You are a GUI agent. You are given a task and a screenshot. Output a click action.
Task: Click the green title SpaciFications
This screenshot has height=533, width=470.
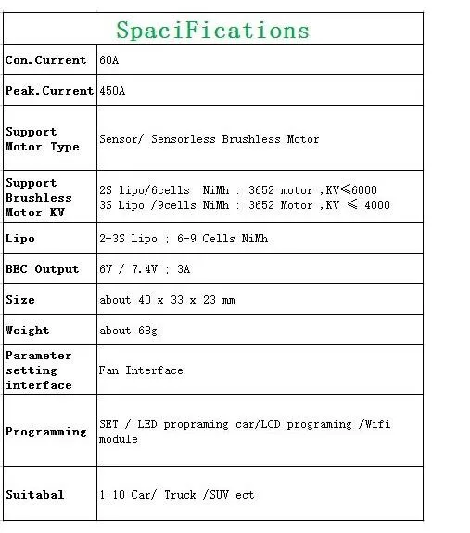pos(212,30)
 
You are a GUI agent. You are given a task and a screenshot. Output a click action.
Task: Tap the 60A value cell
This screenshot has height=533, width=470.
pos(109,60)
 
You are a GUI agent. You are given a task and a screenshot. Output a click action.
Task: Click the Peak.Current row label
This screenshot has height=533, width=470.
pos(49,91)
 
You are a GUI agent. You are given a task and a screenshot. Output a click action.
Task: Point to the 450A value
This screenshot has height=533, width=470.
pos(112,91)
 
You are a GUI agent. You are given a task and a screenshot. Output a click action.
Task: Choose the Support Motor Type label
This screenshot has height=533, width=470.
pos(43,139)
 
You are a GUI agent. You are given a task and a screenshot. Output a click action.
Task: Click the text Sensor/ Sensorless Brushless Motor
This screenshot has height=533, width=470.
pos(209,139)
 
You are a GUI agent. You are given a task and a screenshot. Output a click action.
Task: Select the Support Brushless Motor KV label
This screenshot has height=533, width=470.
pos(39,198)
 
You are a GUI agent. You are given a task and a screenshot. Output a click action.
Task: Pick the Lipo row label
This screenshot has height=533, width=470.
pos(20,239)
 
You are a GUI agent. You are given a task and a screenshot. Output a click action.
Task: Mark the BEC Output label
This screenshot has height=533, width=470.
pos(43,269)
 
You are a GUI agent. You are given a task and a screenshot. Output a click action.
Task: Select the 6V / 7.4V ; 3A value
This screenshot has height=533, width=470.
pos(146,269)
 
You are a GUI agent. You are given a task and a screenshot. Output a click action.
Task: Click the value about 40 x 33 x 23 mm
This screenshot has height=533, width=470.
pos(167,300)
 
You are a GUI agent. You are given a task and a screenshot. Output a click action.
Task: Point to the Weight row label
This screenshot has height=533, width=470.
pos(28,331)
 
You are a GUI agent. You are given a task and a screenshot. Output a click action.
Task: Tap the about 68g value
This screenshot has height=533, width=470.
pos(129,331)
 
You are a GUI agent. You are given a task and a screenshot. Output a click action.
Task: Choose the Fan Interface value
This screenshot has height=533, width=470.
pos(141,370)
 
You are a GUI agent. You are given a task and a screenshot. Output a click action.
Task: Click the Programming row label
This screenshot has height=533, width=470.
pos(45,432)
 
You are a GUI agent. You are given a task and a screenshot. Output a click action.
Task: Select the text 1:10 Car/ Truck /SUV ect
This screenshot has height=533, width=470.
pos(176,495)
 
